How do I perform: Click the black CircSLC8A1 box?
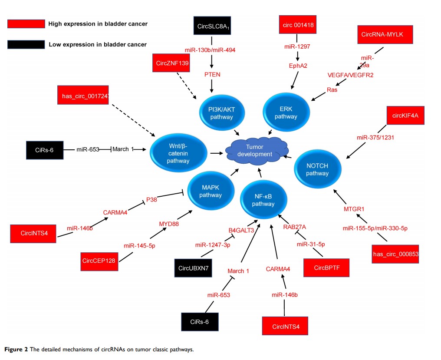[x=211, y=27]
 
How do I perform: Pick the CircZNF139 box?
[x=172, y=63]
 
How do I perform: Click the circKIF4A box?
[x=405, y=116]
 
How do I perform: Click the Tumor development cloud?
[x=252, y=150]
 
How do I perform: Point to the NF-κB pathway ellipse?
[x=263, y=199]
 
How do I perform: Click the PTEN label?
[x=212, y=74]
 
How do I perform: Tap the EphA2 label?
[x=297, y=66]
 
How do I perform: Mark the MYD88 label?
[x=169, y=224]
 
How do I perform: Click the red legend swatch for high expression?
[x=26, y=24]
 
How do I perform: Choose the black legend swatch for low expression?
[x=26, y=44]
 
